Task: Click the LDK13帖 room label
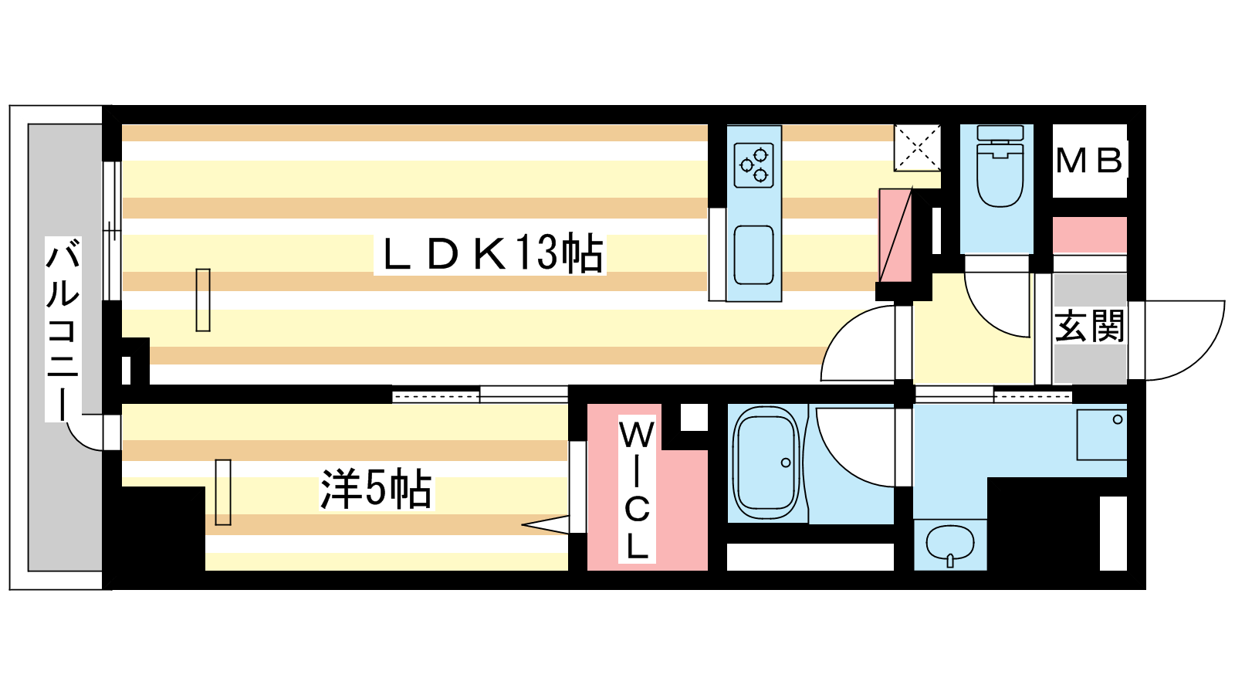click(490, 254)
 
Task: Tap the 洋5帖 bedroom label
click(377, 490)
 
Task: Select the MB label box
click(1089, 161)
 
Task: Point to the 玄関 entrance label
click(1089, 327)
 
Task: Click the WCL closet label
click(637, 490)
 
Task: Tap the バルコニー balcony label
click(63, 329)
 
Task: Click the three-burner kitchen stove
click(753, 165)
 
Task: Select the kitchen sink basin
click(753, 255)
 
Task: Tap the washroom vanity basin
click(950, 544)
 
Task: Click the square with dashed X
click(918, 147)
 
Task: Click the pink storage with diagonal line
click(895, 236)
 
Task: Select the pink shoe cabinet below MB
click(1089, 235)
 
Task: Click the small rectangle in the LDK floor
click(203, 300)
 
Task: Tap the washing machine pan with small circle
click(1101, 435)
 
